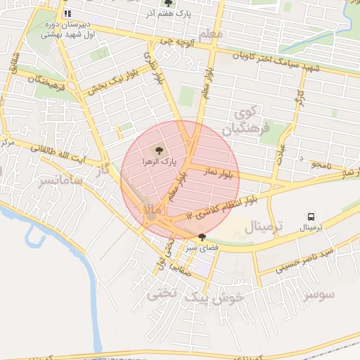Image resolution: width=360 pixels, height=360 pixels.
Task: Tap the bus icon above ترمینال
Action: (310, 217)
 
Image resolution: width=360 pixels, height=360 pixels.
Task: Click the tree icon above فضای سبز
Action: (202, 237)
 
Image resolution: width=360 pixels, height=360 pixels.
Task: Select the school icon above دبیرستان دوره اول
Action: (67, 13)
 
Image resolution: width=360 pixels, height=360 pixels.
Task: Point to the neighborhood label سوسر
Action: (320, 294)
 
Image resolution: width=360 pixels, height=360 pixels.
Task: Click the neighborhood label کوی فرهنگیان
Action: (251, 122)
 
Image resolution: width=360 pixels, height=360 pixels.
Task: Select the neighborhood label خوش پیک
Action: (212, 298)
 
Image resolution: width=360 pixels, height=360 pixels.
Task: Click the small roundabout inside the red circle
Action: (152, 217)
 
